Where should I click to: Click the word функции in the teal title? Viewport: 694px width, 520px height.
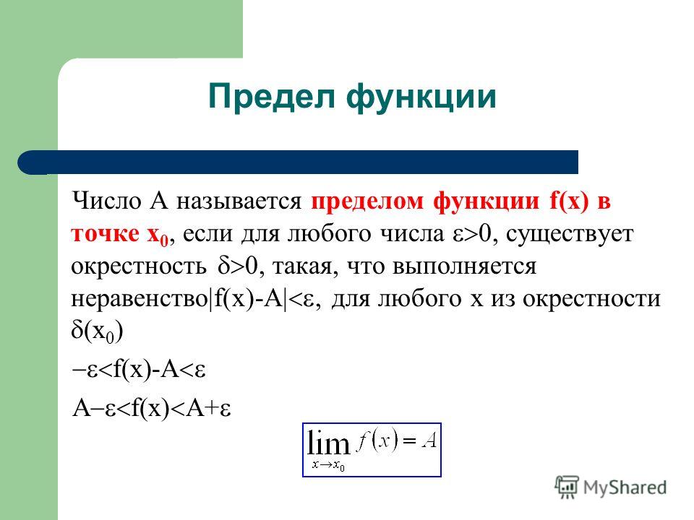(421, 98)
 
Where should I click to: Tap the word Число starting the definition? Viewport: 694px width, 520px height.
(107, 201)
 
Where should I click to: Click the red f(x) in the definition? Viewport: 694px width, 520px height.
(570, 201)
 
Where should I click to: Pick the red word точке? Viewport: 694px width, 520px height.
(104, 234)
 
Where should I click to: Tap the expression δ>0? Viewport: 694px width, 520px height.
(238, 266)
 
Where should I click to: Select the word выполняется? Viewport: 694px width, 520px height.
(464, 267)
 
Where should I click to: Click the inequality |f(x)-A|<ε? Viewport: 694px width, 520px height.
(263, 298)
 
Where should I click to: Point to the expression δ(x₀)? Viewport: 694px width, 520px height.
(97, 331)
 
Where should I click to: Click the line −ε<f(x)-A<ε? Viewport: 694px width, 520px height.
(139, 370)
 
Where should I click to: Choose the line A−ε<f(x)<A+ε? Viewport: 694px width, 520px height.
(151, 408)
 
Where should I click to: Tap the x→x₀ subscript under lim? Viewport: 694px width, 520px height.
(328, 464)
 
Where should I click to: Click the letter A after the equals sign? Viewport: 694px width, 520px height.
(429, 441)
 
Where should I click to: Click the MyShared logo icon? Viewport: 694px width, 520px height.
(567, 487)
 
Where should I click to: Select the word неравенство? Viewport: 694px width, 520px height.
(139, 299)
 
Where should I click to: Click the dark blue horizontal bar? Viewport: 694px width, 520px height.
(298, 162)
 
